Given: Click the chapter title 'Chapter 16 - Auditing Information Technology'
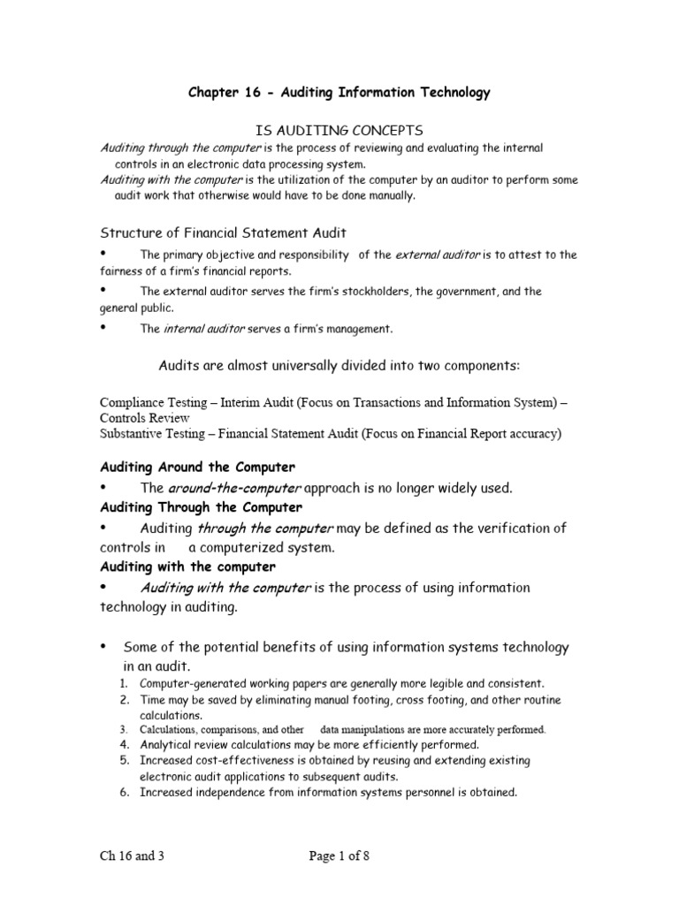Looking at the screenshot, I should pos(339,93).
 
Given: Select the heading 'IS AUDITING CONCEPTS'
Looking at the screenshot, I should pos(339,131).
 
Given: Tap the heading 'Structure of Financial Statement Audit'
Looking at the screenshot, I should pos(223,232).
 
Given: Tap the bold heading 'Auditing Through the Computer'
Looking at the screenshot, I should pos(202,507).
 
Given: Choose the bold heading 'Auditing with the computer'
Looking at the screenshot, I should pos(187,567).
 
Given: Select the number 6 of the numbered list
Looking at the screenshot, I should pos(124,793).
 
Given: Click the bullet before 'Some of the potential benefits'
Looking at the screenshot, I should pos(103,647).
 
